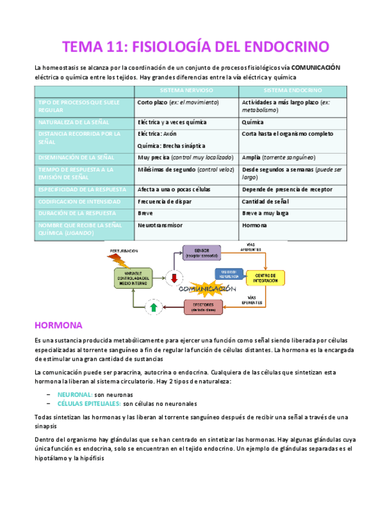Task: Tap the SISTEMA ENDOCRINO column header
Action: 292,90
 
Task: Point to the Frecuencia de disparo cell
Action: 165,201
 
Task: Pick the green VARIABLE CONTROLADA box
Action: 133,277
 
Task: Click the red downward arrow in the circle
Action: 175,278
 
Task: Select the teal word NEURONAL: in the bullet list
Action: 75,395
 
